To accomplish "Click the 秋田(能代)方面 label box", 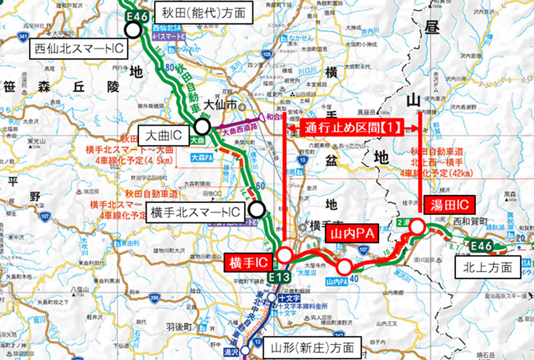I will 192,11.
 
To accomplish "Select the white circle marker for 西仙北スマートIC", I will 133,29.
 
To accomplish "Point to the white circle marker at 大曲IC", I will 202,127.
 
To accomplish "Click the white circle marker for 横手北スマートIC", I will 257,210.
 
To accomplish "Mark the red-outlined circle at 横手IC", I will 284,255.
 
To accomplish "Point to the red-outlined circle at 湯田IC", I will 417,228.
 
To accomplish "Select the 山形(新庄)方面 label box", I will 308,347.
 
